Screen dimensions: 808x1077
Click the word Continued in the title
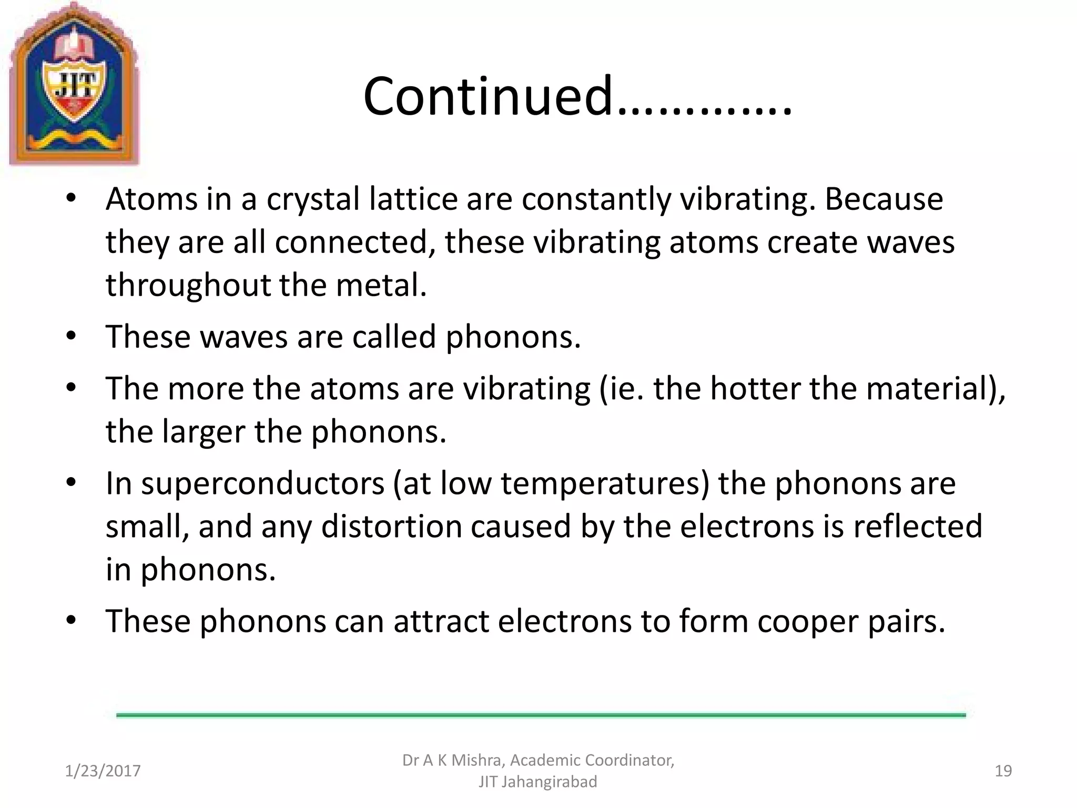tap(488, 96)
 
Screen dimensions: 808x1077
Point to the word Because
tap(883, 199)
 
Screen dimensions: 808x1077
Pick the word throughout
tap(188, 286)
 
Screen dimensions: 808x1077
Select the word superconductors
tap(245, 483)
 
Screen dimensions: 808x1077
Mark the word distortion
tap(391, 527)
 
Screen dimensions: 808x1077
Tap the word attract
tap(441, 621)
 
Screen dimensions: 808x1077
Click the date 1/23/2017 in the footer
tap(103, 771)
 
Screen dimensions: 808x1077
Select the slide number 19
tap(1003, 771)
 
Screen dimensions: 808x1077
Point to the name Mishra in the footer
tap(476, 761)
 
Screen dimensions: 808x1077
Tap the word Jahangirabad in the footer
tap(550, 782)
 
